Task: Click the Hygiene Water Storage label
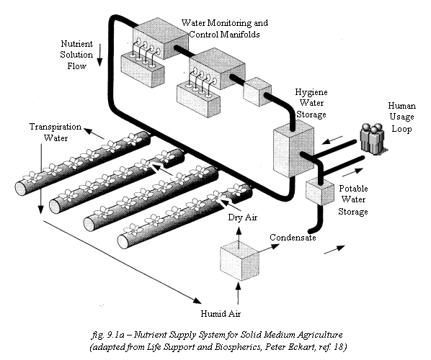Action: click(311, 103)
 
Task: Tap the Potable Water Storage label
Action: click(353, 200)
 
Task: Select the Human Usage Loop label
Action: click(402, 117)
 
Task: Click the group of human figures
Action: click(372, 139)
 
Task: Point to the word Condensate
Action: click(293, 238)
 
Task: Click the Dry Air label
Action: click(243, 217)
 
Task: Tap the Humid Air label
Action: click(221, 314)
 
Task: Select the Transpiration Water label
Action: click(55, 132)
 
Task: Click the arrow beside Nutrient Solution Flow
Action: click(99, 55)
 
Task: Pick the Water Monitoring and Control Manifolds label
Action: click(225, 28)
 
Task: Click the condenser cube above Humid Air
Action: click(240, 261)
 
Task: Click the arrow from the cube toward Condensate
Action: click(269, 248)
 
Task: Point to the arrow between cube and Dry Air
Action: click(239, 233)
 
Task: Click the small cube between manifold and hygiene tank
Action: click(257, 91)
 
